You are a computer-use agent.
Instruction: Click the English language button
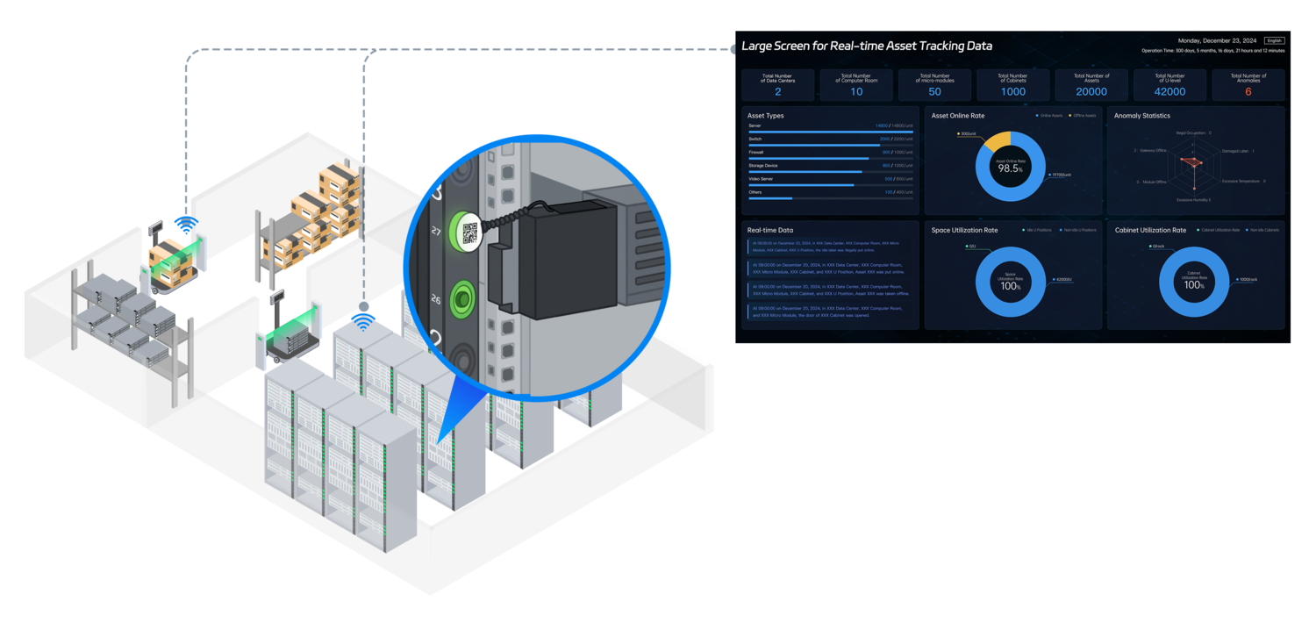(1274, 40)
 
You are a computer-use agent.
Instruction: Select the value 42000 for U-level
(1169, 91)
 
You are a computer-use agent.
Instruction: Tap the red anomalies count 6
(1248, 91)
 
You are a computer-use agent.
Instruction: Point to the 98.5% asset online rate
(1010, 168)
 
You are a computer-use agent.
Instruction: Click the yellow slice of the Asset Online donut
(998, 140)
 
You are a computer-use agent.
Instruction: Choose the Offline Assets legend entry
(1084, 116)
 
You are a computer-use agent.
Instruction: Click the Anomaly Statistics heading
(1141, 116)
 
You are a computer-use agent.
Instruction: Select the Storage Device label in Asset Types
(763, 165)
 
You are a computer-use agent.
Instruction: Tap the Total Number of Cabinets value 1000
(1012, 91)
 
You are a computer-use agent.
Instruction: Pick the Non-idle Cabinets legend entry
(1263, 230)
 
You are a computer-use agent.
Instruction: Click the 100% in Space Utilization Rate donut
(1010, 286)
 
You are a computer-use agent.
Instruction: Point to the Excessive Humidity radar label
(1193, 200)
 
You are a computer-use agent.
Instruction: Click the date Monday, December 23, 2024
(1217, 40)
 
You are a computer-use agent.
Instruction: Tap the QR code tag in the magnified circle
(469, 233)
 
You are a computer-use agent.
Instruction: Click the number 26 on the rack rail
(436, 300)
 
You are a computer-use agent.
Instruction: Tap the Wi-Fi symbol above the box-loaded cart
(185, 226)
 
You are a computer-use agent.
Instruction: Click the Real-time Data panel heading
(769, 230)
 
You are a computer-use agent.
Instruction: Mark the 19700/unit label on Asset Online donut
(1062, 175)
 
